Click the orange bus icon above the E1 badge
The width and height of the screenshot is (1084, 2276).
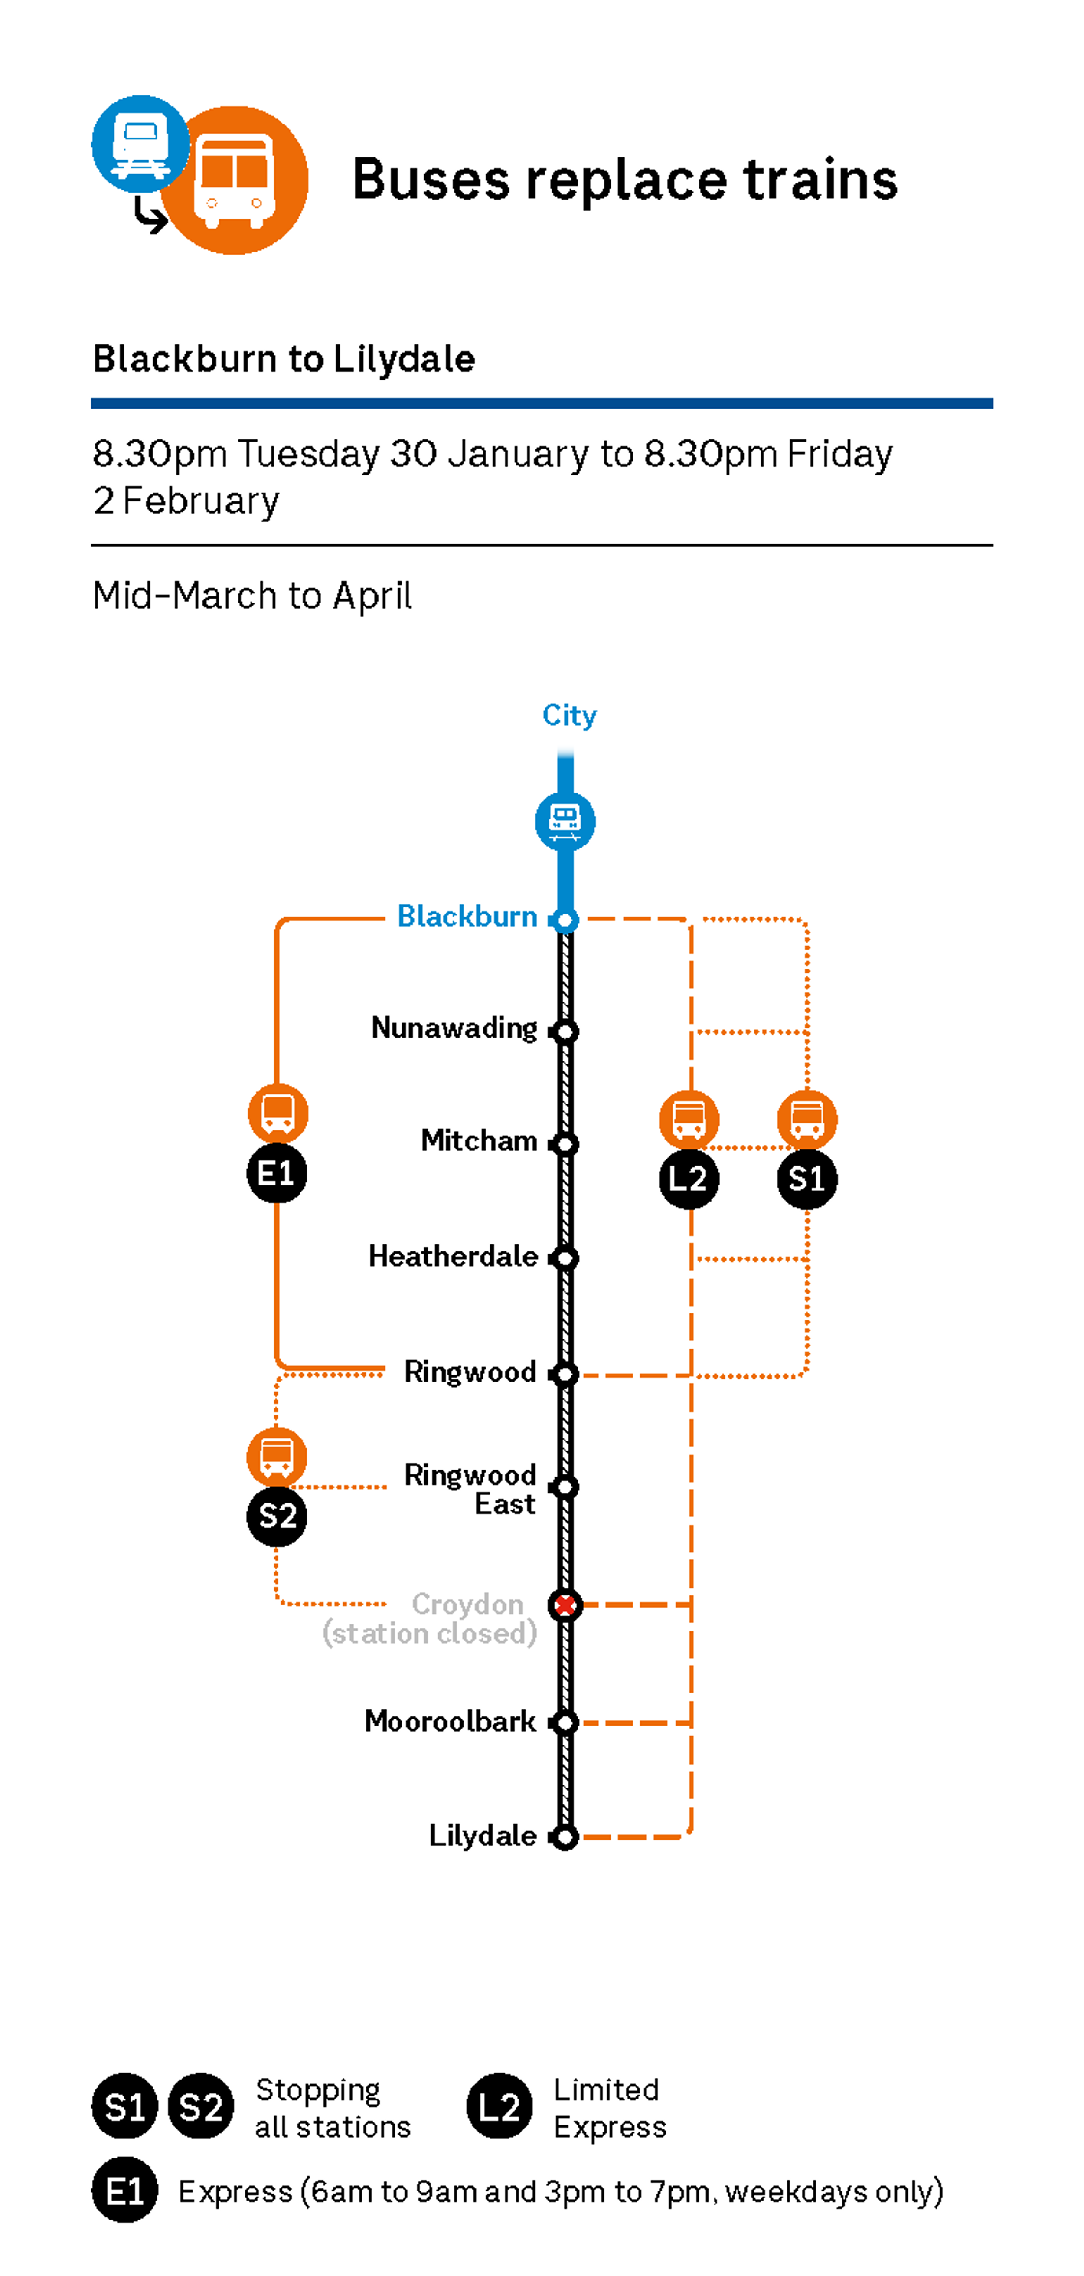[x=278, y=1113]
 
